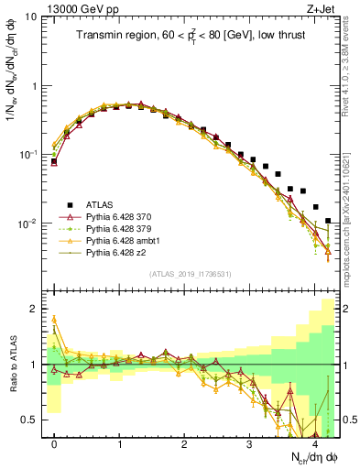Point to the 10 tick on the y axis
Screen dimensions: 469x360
(x=30, y=17)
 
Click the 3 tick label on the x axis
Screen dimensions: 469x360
(x=250, y=444)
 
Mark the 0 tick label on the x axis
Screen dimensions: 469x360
(x=54, y=444)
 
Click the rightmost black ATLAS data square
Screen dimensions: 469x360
(x=328, y=220)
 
